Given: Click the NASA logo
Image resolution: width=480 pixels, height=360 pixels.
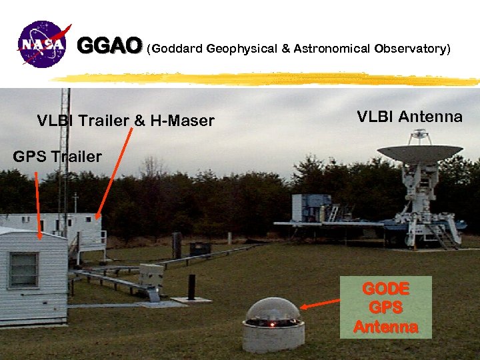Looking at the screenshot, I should [x=44, y=45].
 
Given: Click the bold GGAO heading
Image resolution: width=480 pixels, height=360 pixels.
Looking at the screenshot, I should [x=110, y=46].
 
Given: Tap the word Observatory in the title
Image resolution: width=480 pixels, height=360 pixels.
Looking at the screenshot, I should [x=411, y=49].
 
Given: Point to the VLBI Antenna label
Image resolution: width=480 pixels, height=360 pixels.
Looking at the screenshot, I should [x=409, y=117].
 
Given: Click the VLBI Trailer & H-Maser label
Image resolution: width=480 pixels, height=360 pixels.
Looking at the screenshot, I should [x=126, y=121].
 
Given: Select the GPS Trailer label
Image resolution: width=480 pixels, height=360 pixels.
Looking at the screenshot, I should [x=57, y=157].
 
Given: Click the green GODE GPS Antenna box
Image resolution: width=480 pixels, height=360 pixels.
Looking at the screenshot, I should [x=386, y=308].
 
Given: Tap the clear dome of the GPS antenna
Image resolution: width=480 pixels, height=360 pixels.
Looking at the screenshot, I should [x=273, y=311].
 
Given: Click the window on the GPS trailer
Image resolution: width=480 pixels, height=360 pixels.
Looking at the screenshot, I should [x=23, y=269].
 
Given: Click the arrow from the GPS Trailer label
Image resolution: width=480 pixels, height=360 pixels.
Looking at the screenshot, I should [x=37, y=203].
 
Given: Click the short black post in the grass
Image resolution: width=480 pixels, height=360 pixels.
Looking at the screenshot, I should [x=191, y=287].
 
